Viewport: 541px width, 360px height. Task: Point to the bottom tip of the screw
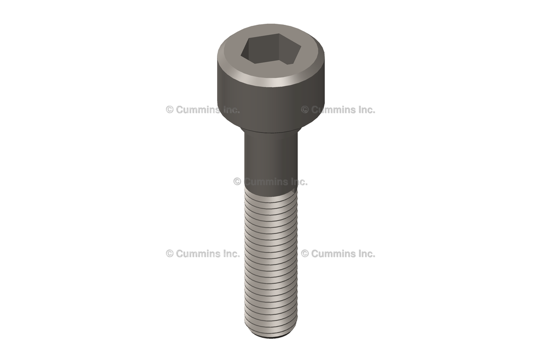(272, 334)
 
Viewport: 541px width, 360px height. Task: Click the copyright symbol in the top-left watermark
(170, 110)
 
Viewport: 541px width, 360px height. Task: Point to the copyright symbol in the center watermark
(237, 182)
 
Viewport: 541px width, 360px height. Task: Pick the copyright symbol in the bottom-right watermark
(305, 253)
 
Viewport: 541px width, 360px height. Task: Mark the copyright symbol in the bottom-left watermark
(170, 253)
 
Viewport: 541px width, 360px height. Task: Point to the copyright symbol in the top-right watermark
(305, 110)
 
